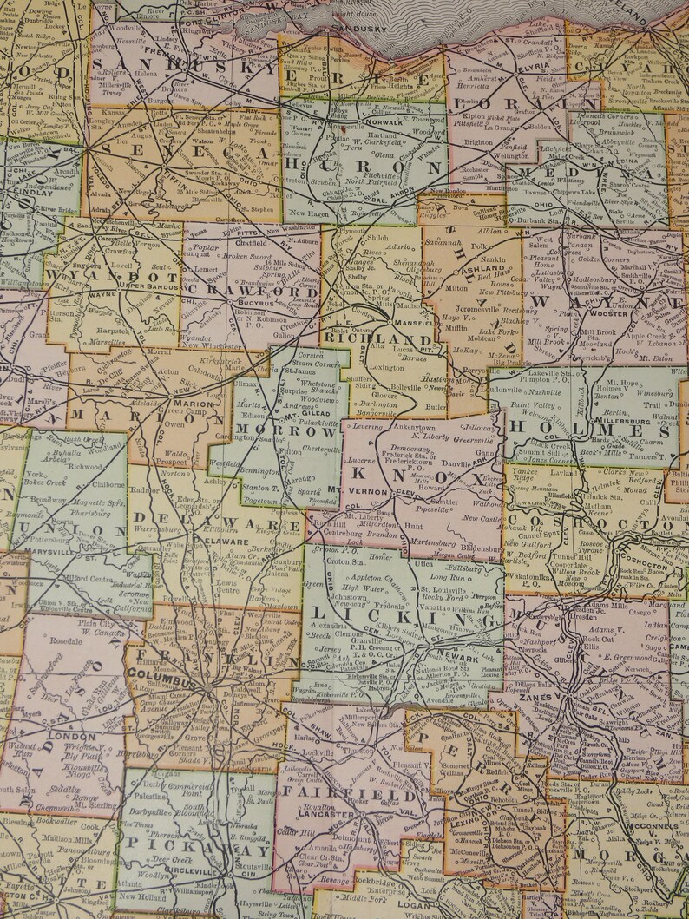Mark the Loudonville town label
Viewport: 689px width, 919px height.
(x=512, y=390)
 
